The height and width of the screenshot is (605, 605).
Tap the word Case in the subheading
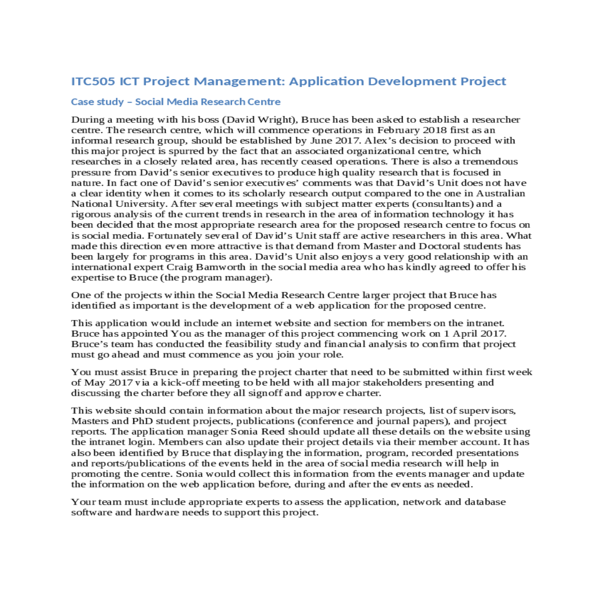coord(82,102)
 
